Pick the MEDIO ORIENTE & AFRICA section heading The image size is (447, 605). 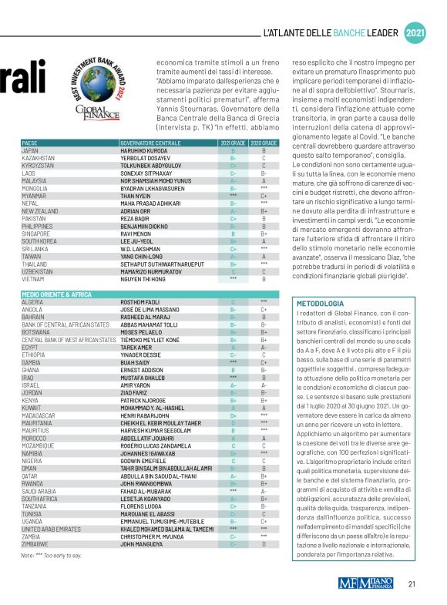(x=57, y=294)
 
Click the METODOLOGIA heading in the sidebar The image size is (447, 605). (x=321, y=303)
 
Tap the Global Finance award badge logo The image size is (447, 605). (x=98, y=91)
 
